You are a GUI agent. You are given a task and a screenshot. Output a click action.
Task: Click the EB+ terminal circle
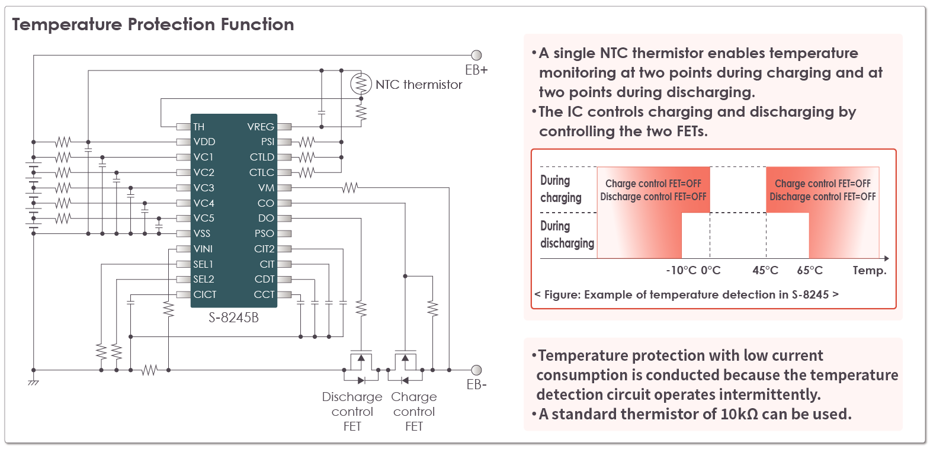pyautogui.click(x=476, y=55)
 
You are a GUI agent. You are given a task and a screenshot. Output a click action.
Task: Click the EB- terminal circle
pyautogui.click(x=476, y=370)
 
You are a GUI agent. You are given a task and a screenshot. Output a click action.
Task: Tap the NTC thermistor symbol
pyautogui.click(x=360, y=84)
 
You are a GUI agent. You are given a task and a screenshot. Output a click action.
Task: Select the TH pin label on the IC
pyautogui.click(x=198, y=127)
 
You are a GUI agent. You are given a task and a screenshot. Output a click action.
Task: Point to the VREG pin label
pyautogui.click(x=261, y=127)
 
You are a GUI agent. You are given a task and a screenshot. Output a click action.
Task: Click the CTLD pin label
pyautogui.click(x=262, y=157)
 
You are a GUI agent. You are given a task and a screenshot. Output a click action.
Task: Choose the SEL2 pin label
pyautogui.click(x=203, y=279)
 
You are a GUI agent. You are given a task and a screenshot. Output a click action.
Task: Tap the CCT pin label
pyautogui.click(x=264, y=294)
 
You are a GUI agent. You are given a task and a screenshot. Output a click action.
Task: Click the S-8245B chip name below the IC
pyautogui.click(x=233, y=317)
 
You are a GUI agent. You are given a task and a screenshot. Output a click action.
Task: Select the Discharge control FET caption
pyautogui.click(x=352, y=411)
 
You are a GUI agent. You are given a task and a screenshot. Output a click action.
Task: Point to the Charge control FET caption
pyautogui.click(x=414, y=411)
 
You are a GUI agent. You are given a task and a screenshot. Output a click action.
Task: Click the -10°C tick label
pyautogui.click(x=681, y=271)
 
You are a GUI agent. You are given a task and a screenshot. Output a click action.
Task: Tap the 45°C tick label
pyautogui.click(x=765, y=271)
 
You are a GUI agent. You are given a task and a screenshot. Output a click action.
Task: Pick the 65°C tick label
pyautogui.click(x=810, y=271)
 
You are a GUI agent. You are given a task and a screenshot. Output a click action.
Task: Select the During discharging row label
pyautogui.click(x=567, y=235)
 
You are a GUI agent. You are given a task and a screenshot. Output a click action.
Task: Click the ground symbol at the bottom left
pyautogui.click(x=34, y=382)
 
